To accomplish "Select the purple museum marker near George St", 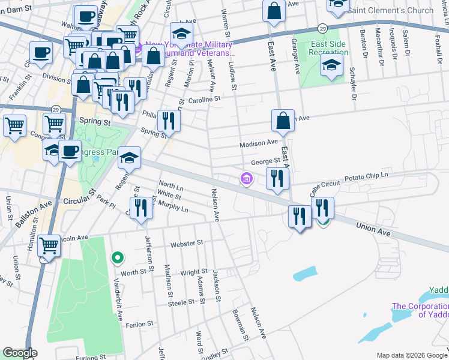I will pos(246,178).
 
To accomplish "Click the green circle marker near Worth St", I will pos(118,258).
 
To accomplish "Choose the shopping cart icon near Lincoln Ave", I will pos(48,245).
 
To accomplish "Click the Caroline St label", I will pos(205,100).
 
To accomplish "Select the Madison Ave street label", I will pos(259,143).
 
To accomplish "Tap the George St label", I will pos(265,161).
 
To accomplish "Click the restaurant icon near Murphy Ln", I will pos(141,209).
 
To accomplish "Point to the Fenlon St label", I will pos(136,325).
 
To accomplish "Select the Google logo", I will pos(20,353).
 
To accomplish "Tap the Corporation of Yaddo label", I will pos(420,310).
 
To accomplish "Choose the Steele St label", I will pos(179,304).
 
